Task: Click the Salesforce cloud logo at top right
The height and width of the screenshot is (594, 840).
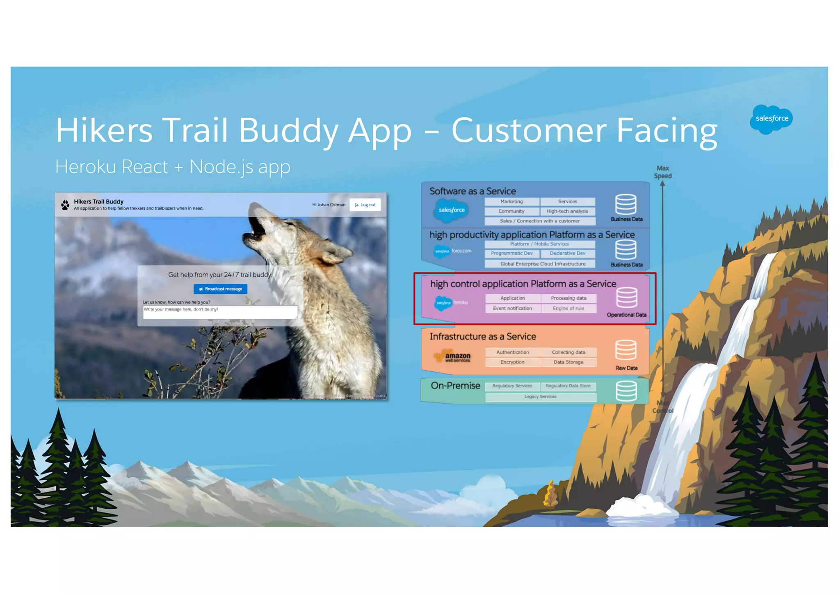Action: click(771, 119)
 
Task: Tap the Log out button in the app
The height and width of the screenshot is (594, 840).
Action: click(365, 205)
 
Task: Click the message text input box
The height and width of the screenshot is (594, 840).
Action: click(220, 312)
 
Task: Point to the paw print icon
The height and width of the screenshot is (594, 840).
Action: click(65, 205)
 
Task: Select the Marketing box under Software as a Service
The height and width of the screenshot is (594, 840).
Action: click(511, 201)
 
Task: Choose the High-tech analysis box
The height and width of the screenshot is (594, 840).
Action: click(567, 211)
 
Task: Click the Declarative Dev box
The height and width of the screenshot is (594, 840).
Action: click(568, 254)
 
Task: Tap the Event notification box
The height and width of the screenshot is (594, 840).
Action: click(512, 308)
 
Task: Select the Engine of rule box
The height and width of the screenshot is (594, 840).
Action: click(568, 308)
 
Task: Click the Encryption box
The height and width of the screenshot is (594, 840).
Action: click(512, 362)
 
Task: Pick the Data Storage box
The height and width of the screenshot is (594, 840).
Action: click(568, 362)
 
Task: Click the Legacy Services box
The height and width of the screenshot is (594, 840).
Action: click(540, 397)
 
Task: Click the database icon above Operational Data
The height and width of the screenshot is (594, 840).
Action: click(626, 297)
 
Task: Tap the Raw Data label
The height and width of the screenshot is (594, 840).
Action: click(626, 368)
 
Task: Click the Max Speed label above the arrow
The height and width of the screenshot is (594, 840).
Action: click(662, 172)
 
